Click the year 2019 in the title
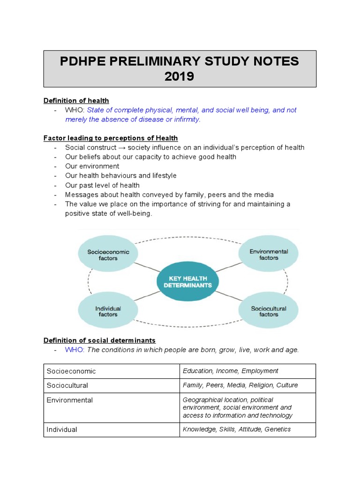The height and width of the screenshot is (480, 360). click(x=180, y=76)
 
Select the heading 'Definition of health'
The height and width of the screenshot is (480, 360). click(x=76, y=100)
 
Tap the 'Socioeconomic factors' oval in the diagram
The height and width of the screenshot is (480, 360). click(x=108, y=255)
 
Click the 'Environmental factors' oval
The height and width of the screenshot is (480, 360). click(x=269, y=255)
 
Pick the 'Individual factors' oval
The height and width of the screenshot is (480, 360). click(x=108, y=311)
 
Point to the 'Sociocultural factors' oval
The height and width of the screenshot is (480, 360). click(x=269, y=311)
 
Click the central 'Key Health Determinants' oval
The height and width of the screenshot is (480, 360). click(x=187, y=282)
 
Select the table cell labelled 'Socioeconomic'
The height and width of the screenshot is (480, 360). click(x=71, y=371)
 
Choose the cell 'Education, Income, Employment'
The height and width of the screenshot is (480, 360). click(x=230, y=371)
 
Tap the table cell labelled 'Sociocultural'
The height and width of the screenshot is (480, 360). click(x=67, y=385)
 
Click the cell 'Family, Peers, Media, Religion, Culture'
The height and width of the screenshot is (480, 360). click(x=240, y=385)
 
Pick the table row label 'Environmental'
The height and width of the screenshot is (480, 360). click(x=69, y=400)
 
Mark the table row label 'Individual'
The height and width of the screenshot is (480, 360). click(x=62, y=429)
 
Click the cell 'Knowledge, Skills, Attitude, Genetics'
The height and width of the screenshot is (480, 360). click(x=237, y=429)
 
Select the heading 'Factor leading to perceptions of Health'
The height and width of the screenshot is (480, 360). click(x=111, y=138)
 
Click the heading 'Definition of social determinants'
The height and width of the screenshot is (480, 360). click(x=99, y=340)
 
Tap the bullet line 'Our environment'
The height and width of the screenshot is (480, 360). click(x=92, y=166)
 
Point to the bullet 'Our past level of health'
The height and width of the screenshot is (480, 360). click(x=102, y=185)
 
